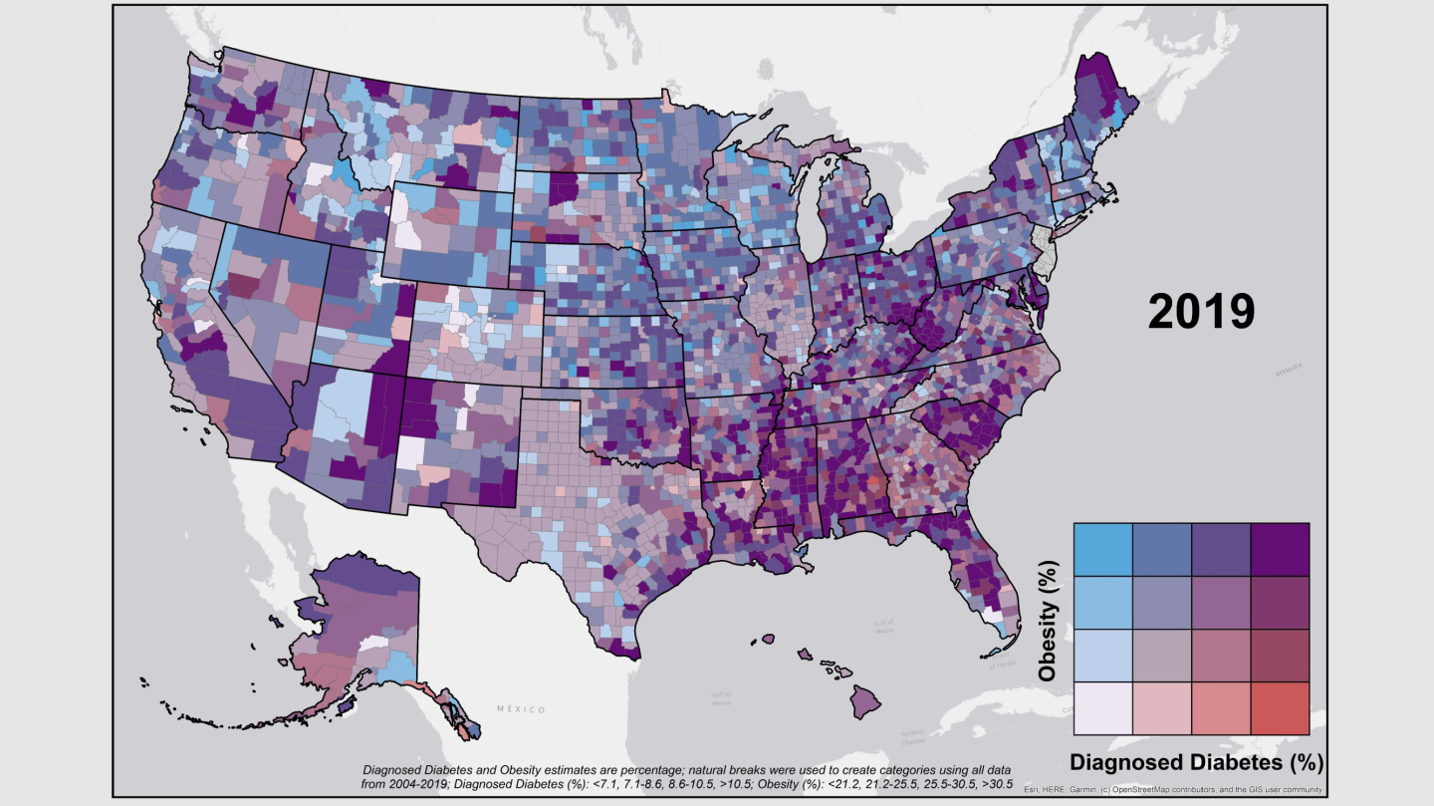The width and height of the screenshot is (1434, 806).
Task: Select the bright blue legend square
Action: (1103, 549)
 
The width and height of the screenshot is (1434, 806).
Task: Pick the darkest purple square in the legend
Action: (1279, 549)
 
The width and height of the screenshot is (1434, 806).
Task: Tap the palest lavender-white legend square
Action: (1103, 707)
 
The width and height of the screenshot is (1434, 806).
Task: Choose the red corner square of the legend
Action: (1279, 707)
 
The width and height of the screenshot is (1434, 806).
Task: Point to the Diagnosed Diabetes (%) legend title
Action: (1195, 763)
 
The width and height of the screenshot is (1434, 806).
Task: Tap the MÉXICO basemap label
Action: (521, 709)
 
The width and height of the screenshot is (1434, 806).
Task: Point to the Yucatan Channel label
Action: (913, 738)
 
